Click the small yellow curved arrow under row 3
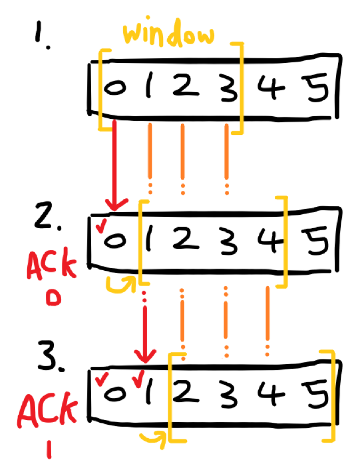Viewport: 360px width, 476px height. pyautogui.click(x=152, y=437)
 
